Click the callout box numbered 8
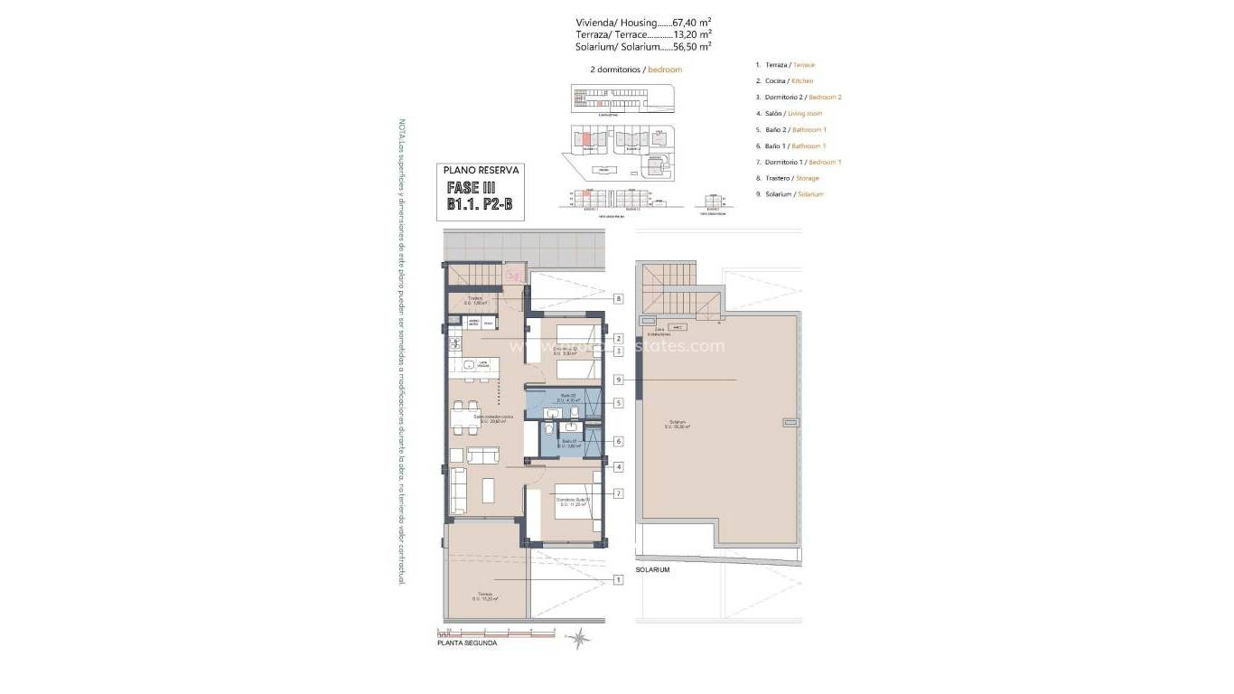619,298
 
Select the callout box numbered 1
619,579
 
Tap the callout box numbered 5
619,403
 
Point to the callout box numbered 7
619,493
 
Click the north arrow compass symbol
579,638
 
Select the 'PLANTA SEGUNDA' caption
466,643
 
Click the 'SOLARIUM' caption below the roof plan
652,570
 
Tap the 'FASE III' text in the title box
472,189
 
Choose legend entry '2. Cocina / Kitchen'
789,81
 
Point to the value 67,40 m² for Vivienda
691,22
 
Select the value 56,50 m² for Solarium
691,45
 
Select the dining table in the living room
465,417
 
